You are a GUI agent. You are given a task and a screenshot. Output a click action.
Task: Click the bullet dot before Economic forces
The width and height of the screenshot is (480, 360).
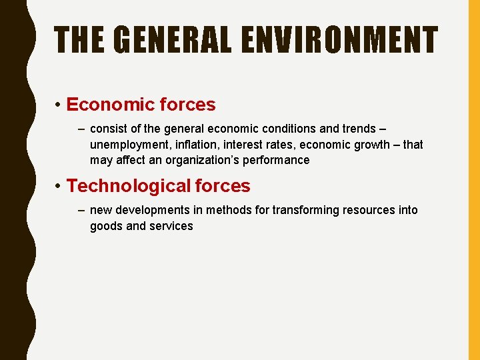click(x=59, y=105)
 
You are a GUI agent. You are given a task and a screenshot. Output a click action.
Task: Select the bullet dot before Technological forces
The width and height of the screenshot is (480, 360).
click(x=59, y=187)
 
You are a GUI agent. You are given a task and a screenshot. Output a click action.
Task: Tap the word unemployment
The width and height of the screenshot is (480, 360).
click(x=129, y=145)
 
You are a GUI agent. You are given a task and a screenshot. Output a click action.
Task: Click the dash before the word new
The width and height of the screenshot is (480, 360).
click(x=81, y=210)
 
